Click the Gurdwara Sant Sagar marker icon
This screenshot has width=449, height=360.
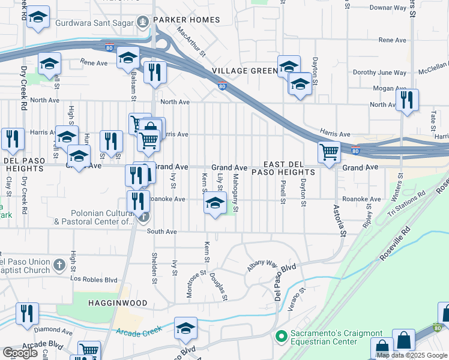pyautogui.click(x=143, y=23)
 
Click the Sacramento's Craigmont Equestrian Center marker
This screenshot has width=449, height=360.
pyautogui.click(x=280, y=337)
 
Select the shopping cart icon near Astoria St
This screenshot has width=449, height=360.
pyautogui.click(x=329, y=152)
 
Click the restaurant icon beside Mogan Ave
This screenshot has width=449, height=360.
pyautogui.click(x=407, y=100)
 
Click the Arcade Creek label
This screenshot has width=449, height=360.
pyautogui.click(x=140, y=332)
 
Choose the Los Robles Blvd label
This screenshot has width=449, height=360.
pyautogui.click(x=92, y=279)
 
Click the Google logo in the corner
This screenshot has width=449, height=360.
pyautogui.click(x=20, y=353)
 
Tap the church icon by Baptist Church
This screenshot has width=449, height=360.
pyautogui.click(x=59, y=265)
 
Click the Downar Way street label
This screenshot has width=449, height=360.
pyautogui.click(x=388, y=8)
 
